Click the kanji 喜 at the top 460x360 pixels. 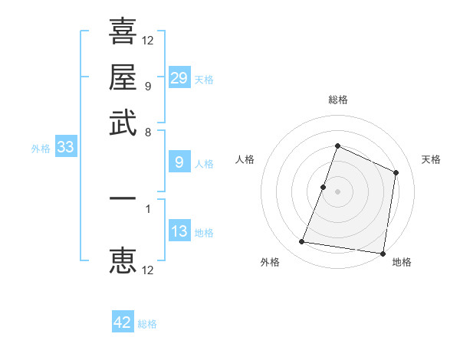[x=123, y=31]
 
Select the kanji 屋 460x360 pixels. [x=123, y=77]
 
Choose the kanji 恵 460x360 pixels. [x=123, y=260]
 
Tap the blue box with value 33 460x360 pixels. [x=65, y=148]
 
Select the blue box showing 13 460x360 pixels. [x=179, y=231]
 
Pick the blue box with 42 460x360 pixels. [x=123, y=322]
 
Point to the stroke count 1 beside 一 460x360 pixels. [x=148, y=208]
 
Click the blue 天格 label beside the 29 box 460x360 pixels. [x=204, y=79]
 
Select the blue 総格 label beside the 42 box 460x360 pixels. [x=147, y=324]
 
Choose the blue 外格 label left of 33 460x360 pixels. [x=41, y=149]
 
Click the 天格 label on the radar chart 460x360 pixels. [x=431, y=159]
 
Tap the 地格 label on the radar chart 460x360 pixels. [x=402, y=262]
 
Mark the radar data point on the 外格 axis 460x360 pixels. [x=302, y=242]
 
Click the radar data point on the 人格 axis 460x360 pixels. [x=324, y=186]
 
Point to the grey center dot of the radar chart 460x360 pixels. [x=337, y=191]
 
